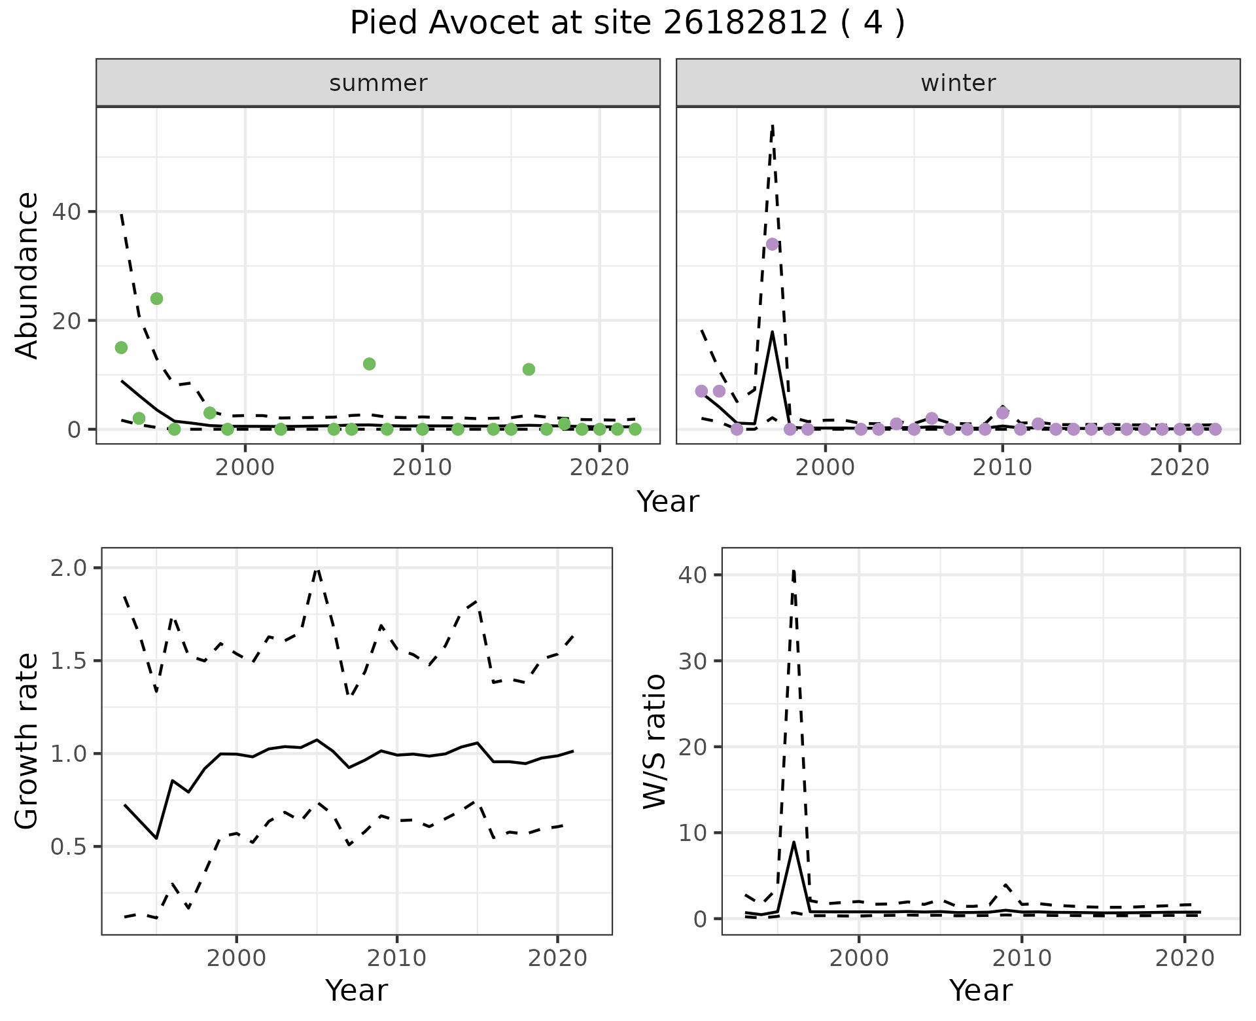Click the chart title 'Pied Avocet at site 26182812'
point(627,24)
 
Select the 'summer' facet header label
point(378,83)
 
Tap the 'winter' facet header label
point(958,83)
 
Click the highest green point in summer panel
point(156,298)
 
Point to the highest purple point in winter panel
point(772,244)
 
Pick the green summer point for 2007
point(369,364)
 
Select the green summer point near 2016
point(529,369)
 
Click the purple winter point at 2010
point(1002,413)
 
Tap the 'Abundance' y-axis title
point(27,275)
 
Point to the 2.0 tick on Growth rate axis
point(68,567)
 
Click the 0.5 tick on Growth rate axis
point(68,847)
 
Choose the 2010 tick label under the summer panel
point(422,468)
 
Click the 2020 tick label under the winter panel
point(1179,468)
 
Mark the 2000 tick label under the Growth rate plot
point(236,959)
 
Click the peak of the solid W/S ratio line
point(794,842)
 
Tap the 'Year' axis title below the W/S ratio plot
point(980,990)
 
